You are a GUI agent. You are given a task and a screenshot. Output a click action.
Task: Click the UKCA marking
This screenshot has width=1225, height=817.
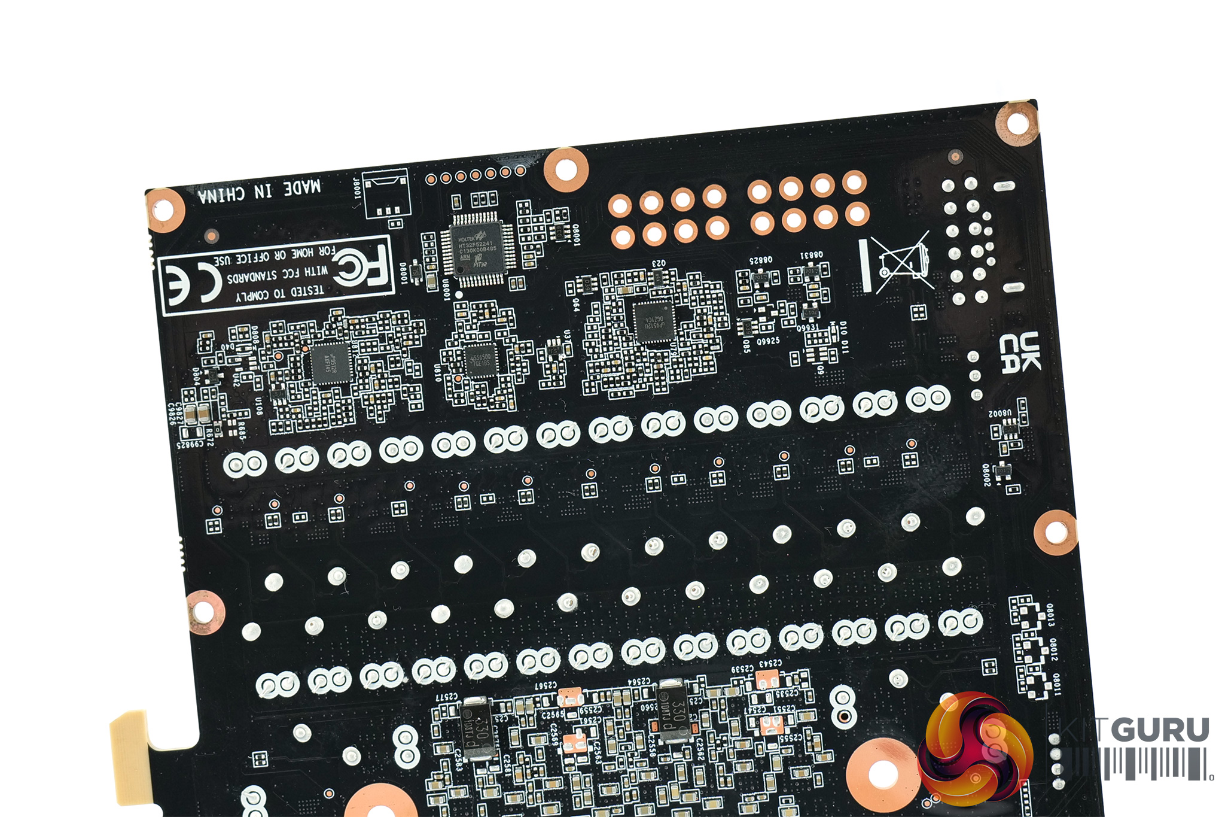(1019, 353)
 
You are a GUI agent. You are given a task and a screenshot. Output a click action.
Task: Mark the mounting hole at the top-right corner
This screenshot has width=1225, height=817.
(1017, 123)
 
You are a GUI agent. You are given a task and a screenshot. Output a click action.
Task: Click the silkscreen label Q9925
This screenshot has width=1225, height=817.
(768, 341)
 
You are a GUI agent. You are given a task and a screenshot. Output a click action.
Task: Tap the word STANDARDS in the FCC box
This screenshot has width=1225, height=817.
(251, 278)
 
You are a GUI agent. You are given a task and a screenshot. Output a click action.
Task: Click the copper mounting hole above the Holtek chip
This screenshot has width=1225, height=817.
(565, 170)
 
